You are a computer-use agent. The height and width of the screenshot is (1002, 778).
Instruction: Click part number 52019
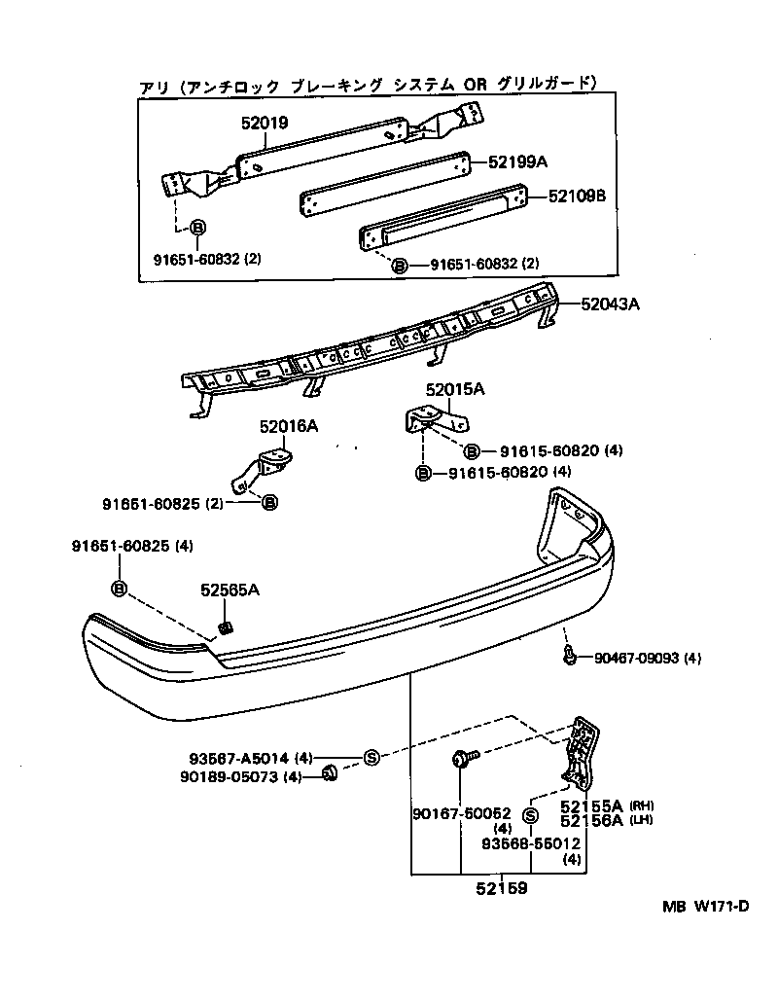[x=265, y=123]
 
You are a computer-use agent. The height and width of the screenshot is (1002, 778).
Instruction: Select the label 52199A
[x=518, y=161]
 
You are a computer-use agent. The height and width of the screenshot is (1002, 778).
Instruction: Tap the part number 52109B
[x=577, y=196]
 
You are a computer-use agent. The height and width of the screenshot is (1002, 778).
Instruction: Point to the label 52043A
[x=610, y=304]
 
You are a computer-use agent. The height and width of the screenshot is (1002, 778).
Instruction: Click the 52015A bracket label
[x=455, y=388]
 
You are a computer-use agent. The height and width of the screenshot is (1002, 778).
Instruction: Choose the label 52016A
[x=289, y=425]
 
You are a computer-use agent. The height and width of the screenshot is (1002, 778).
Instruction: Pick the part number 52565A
[x=230, y=590]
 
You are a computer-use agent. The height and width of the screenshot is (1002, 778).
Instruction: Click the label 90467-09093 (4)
[x=648, y=658]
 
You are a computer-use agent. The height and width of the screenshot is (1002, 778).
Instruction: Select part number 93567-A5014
[x=239, y=759]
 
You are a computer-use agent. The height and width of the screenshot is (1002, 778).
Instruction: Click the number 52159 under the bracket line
[x=502, y=888]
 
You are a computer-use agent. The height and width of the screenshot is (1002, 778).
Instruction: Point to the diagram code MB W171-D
[x=705, y=906]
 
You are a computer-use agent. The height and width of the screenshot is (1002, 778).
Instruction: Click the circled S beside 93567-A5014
[x=371, y=758]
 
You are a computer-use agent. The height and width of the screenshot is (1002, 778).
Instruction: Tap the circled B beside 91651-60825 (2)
[x=270, y=503]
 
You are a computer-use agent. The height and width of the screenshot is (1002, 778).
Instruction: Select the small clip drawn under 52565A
[x=225, y=628]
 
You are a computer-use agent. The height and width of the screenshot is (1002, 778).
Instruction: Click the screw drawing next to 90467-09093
[x=569, y=656]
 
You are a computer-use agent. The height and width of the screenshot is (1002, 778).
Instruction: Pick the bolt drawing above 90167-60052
[x=464, y=758]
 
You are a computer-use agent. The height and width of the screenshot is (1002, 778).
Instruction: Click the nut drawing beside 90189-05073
[x=329, y=773]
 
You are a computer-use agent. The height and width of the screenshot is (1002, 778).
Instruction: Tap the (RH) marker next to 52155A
[x=642, y=805]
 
